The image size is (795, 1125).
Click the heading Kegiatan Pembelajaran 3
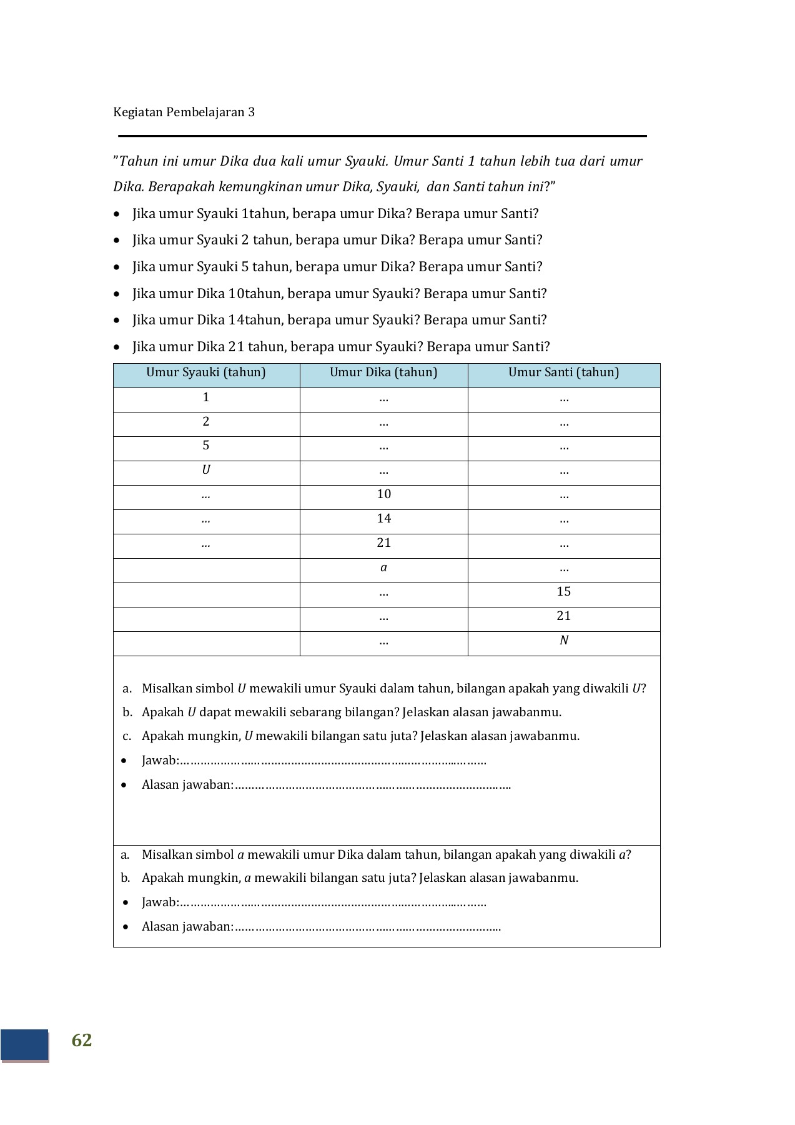click(x=184, y=112)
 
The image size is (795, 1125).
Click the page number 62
click(x=82, y=1039)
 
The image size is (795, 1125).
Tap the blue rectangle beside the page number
click(x=24, y=1044)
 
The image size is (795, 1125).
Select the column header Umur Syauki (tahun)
click(x=206, y=372)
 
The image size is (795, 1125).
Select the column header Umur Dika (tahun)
click(x=383, y=372)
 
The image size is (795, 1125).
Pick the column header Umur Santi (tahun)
click(x=563, y=372)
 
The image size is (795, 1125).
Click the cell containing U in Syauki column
click(x=206, y=470)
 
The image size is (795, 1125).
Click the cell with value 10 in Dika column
click(x=383, y=494)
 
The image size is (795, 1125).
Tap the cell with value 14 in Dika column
click(x=383, y=519)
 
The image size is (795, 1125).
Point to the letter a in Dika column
click(x=383, y=567)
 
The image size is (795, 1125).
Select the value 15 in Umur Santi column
click(x=563, y=592)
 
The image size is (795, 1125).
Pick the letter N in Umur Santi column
click(x=563, y=641)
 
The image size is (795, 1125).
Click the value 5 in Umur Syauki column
click(x=206, y=446)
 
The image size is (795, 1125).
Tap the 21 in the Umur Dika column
click(x=383, y=543)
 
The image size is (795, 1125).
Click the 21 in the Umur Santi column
click(x=563, y=616)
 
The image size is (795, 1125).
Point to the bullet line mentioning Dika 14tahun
click(x=339, y=320)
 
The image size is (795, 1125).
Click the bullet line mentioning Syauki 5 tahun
click(x=337, y=267)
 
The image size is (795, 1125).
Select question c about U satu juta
click(x=360, y=736)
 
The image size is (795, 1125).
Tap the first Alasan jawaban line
click(x=325, y=785)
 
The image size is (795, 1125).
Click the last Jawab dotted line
click(x=314, y=902)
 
